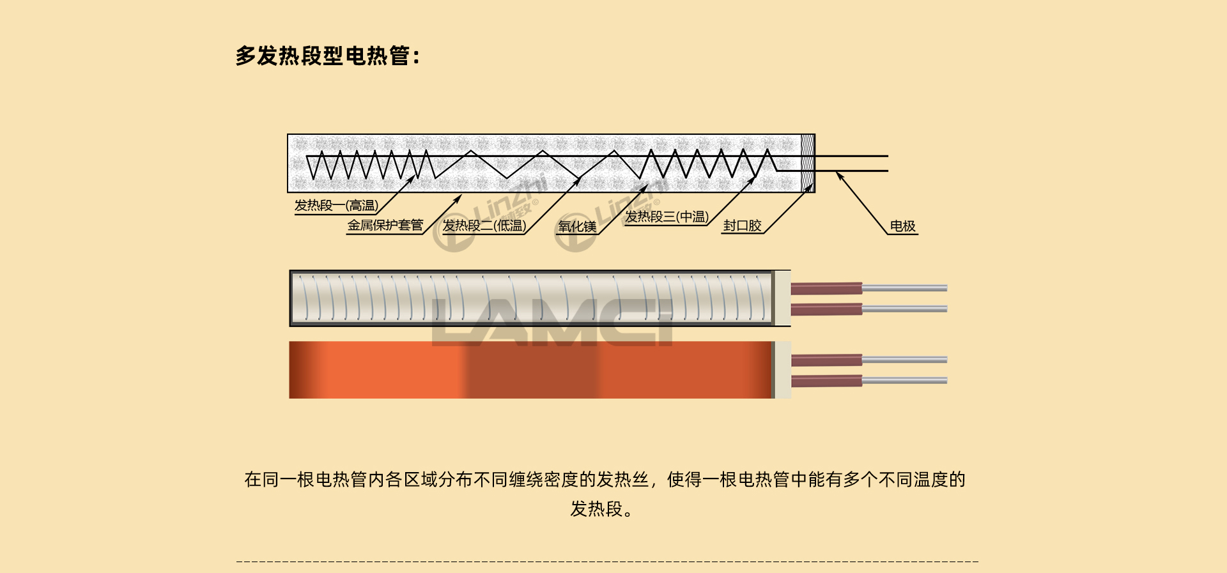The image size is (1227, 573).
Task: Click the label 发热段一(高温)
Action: (x=336, y=206)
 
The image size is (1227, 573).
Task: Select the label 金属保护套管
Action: (x=385, y=225)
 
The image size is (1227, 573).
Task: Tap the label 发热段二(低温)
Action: (x=484, y=225)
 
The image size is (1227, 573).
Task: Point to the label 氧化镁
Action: (x=577, y=226)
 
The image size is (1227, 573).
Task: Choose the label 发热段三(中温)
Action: (x=667, y=217)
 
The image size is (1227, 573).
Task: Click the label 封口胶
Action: (x=742, y=225)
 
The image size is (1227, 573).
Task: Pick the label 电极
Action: (x=902, y=226)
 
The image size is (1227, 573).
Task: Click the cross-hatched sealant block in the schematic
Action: (x=808, y=163)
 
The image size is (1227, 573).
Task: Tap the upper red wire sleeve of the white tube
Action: (x=826, y=289)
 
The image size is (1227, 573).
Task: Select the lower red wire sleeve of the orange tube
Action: (x=826, y=381)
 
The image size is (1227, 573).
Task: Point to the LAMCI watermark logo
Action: (x=553, y=323)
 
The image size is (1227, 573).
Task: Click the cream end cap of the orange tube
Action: (x=783, y=370)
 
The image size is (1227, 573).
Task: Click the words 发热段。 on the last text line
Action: (x=601, y=509)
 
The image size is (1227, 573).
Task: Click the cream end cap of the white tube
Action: (x=782, y=298)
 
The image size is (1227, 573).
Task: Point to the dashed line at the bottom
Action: (x=607, y=562)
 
